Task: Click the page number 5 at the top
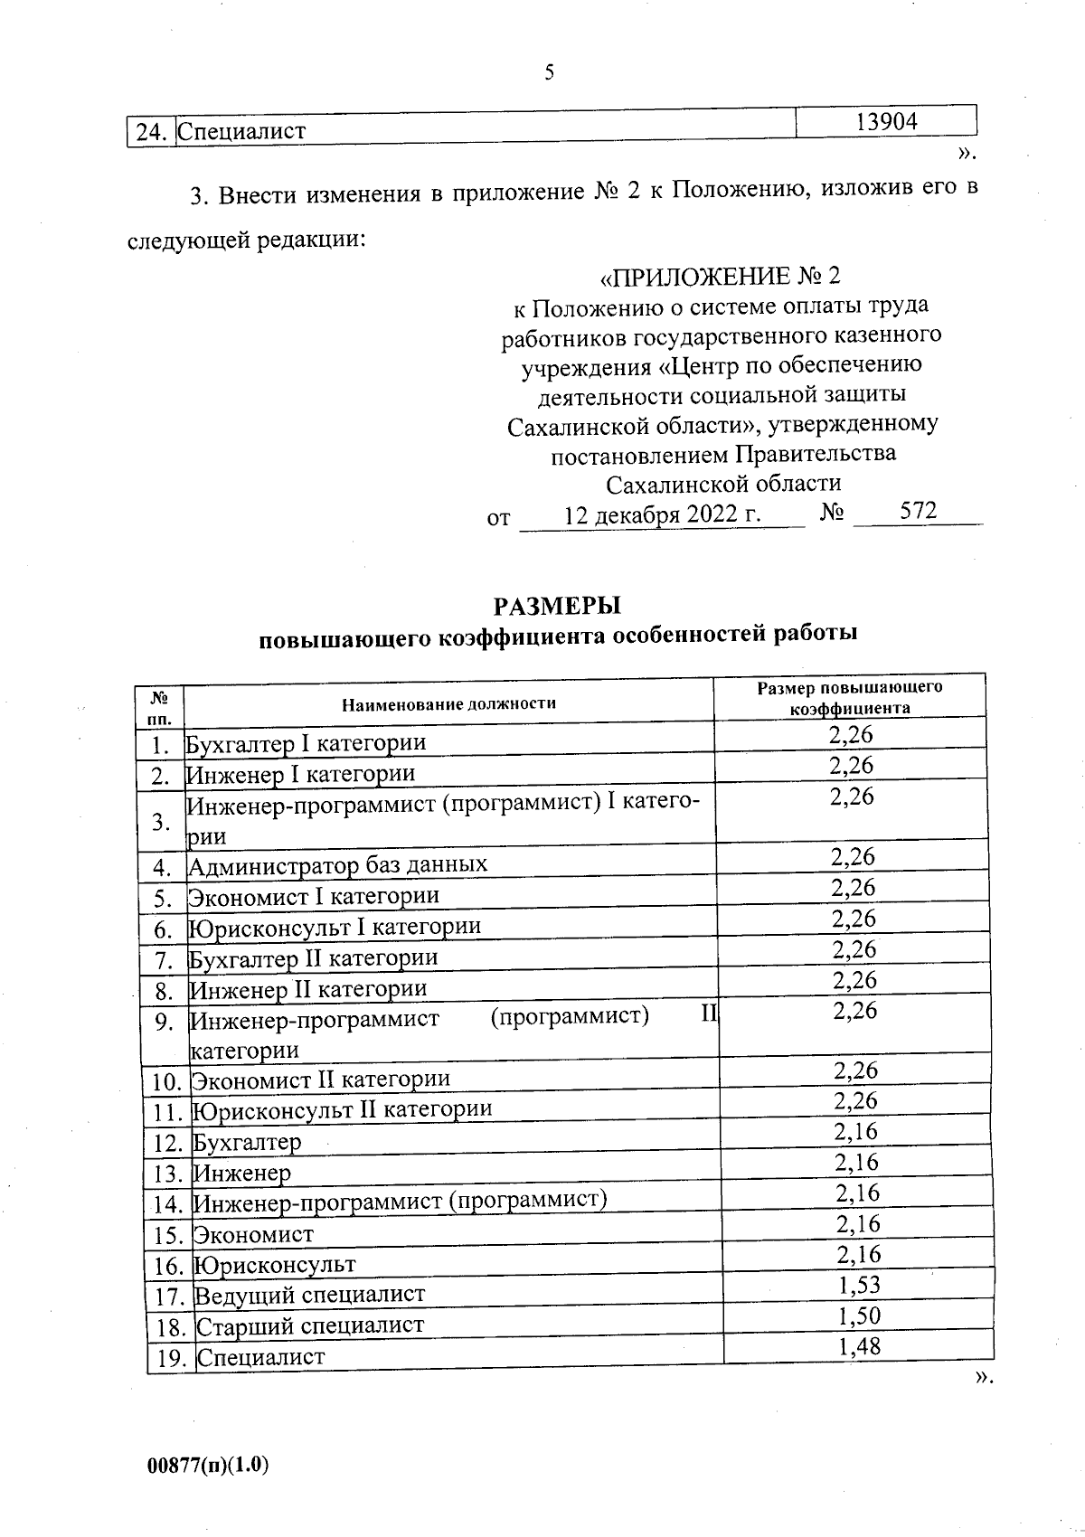pyautogui.click(x=549, y=73)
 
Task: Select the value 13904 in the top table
pyautogui.click(x=886, y=121)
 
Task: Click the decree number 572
pyautogui.click(x=918, y=512)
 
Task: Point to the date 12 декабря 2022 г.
pyautogui.click(x=662, y=515)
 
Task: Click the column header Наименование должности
pyautogui.click(x=448, y=703)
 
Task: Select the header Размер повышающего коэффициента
pyautogui.click(x=849, y=697)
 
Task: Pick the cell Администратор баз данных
pyautogui.click(x=337, y=865)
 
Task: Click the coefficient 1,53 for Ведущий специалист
pyautogui.click(x=858, y=1286)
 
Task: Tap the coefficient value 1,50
pyautogui.click(x=859, y=1316)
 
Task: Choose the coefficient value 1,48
pyautogui.click(x=859, y=1347)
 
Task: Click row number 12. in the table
pyautogui.click(x=169, y=1144)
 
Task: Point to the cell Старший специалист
pyautogui.click(x=310, y=1326)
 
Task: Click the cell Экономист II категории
pyautogui.click(x=321, y=1080)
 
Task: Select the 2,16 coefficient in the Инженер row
pyautogui.click(x=856, y=1163)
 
